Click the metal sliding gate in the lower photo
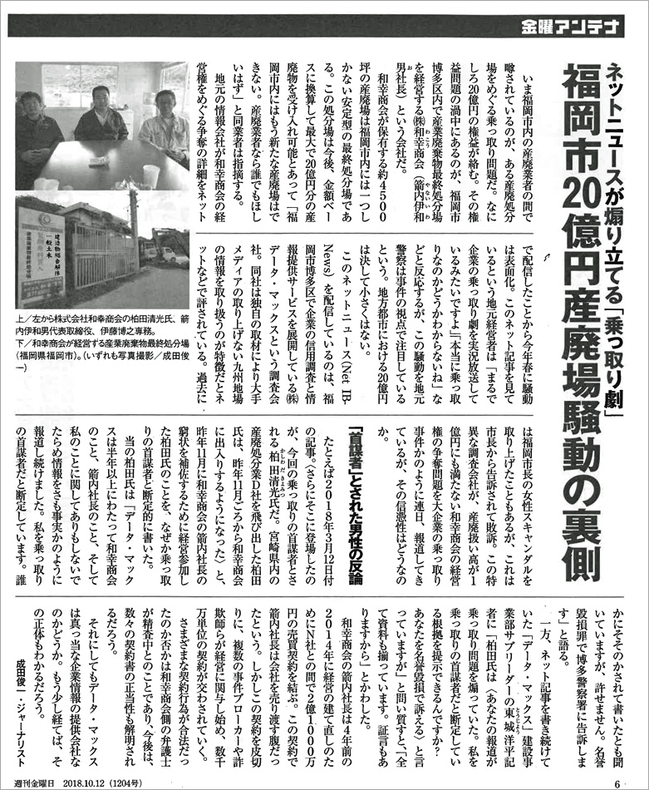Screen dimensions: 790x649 pyautogui.click(x=100, y=266)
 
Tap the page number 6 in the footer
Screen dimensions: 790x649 pyautogui.click(x=617, y=779)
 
